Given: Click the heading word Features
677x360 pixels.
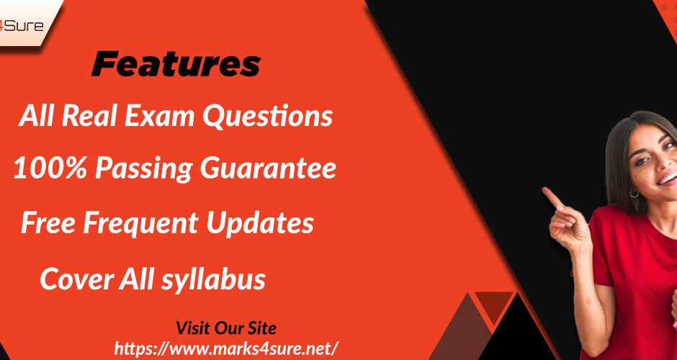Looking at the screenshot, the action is [x=176, y=65].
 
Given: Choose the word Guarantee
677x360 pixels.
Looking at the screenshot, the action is [x=268, y=168].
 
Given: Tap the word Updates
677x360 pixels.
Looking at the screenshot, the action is [x=260, y=224].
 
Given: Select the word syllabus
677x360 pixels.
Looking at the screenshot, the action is [x=213, y=279].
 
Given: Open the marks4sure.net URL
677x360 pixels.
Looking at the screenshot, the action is [x=227, y=348].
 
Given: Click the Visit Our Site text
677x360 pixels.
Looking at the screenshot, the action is [x=226, y=328].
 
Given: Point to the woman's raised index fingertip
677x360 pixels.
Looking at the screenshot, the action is [x=546, y=190].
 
